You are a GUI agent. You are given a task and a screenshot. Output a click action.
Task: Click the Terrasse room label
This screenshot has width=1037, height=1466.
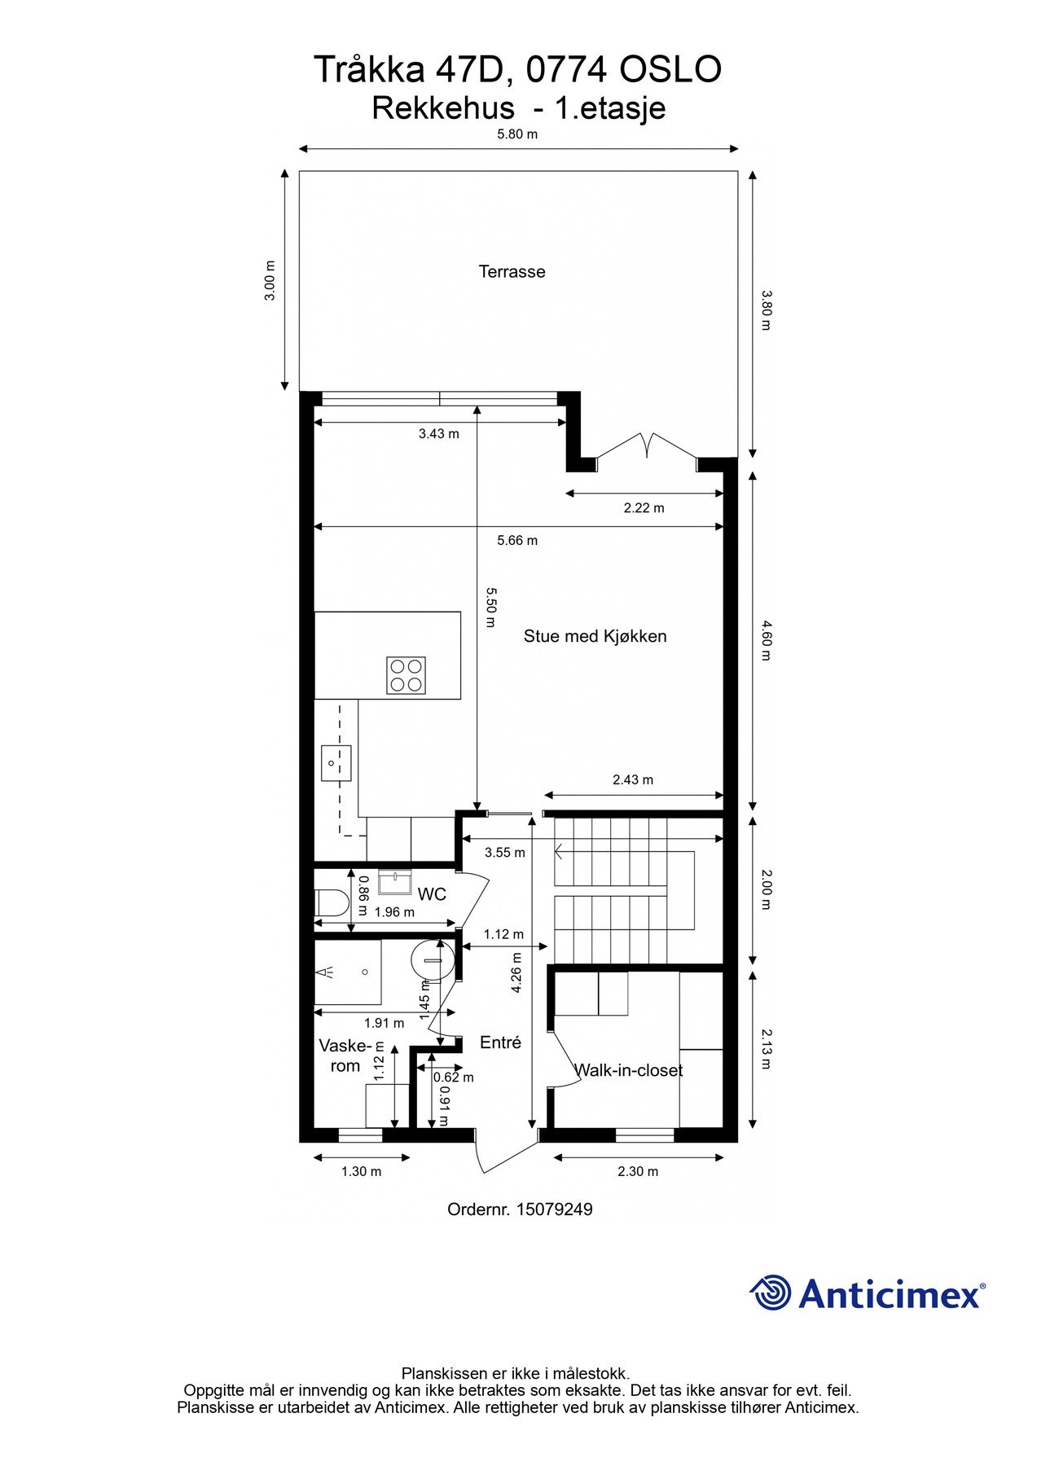tap(512, 272)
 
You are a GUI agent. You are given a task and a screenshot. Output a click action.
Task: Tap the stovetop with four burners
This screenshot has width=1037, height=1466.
tap(406, 675)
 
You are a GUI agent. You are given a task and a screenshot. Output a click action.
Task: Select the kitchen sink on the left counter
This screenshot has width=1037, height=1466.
tap(336, 763)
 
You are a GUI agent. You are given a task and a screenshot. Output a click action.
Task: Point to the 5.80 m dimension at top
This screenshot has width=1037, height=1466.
tap(517, 134)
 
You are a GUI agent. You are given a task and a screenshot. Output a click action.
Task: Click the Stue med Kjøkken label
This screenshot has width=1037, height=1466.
tap(595, 636)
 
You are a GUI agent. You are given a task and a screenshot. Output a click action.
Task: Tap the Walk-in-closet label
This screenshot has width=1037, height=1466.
tap(628, 1070)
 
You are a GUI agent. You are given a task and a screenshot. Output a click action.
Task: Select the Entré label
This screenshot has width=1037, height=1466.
tap(500, 1042)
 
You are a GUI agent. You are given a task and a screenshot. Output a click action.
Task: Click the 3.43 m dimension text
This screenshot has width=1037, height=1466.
tap(438, 434)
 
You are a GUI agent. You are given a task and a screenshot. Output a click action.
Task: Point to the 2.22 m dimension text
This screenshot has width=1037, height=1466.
tap(644, 508)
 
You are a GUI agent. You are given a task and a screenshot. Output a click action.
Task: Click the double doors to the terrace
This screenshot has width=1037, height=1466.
tap(647, 446)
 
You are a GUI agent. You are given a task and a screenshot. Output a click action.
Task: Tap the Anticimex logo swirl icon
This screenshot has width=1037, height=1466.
tap(770, 1293)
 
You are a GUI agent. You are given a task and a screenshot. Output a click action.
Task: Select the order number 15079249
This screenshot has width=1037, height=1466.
tap(554, 1209)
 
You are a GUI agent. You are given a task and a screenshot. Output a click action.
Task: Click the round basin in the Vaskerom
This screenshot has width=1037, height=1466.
tap(431, 960)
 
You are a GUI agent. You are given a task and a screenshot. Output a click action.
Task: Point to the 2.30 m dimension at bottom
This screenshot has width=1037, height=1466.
tap(638, 1172)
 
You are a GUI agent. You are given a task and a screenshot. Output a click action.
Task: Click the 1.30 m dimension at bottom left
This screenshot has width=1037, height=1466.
tap(361, 1172)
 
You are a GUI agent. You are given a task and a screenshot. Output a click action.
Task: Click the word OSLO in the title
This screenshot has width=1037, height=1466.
tap(671, 69)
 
